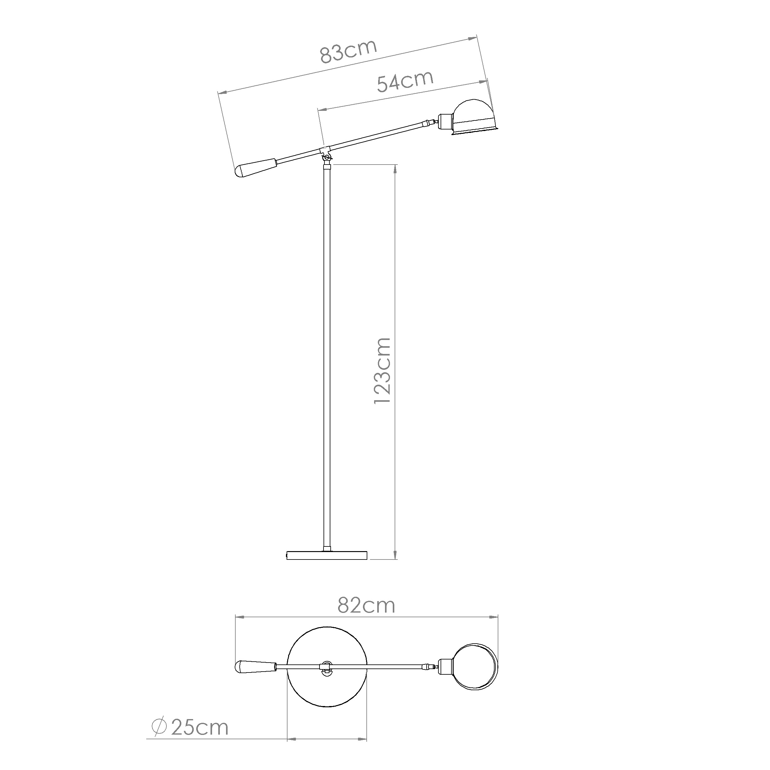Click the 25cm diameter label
200,728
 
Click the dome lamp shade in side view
474,117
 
